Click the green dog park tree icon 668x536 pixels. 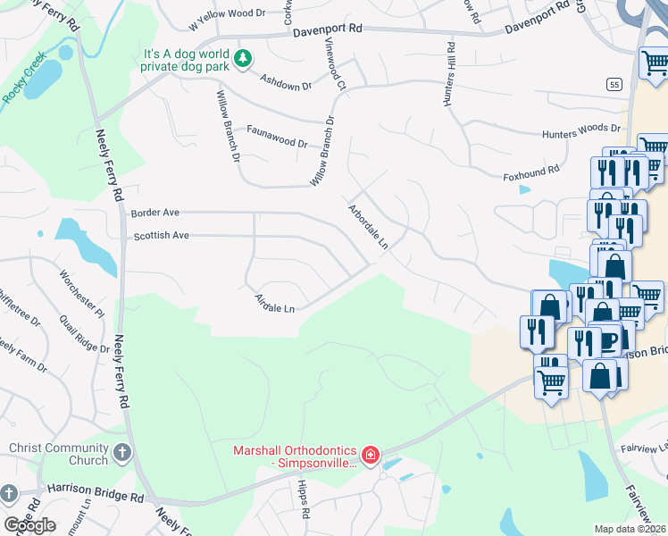point(241,59)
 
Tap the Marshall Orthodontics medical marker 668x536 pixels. point(370,456)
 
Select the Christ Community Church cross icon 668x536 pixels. point(121,453)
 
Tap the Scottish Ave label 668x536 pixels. point(161,236)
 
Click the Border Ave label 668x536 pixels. point(155,213)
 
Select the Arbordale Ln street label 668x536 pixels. point(369,226)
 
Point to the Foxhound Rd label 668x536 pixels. point(531,168)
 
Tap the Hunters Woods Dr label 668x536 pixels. point(581,131)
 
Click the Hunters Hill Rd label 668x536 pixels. point(450,75)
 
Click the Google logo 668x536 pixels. point(29,524)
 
